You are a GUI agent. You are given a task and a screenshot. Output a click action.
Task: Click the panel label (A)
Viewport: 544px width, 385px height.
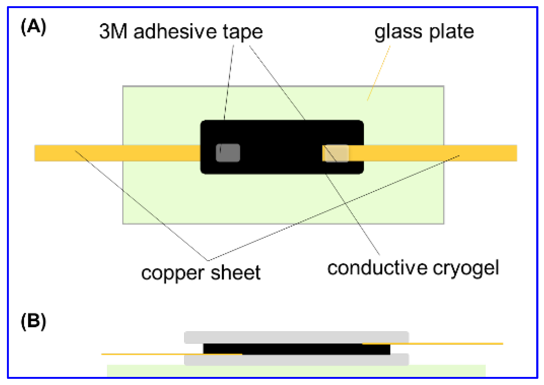click(34, 27)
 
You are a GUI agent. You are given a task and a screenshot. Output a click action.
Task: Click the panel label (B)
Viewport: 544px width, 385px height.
click(34, 321)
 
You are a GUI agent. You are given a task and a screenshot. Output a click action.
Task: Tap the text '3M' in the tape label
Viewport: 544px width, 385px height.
click(113, 31)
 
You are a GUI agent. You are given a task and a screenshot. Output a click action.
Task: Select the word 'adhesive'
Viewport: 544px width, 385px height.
click(175, 31)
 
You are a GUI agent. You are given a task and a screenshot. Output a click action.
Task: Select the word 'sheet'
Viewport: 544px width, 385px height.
click(235, 273)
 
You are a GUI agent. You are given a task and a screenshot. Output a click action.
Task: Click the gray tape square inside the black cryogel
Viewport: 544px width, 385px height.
click(228, 153)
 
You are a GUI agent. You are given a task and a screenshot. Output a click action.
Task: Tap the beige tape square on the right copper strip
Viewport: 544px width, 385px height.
click(336, 153)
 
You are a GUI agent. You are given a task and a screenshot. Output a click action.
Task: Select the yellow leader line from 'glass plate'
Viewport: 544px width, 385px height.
click(379, 73)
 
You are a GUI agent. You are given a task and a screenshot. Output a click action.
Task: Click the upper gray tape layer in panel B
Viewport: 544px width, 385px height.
click(296, 337)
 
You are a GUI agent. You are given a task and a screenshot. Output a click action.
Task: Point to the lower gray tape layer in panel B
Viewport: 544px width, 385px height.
click(296, 360)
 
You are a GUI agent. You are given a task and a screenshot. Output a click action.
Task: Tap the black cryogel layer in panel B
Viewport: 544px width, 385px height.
click(296, 349)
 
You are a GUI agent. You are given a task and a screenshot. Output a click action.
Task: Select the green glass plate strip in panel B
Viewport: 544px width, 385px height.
click(296, 371)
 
